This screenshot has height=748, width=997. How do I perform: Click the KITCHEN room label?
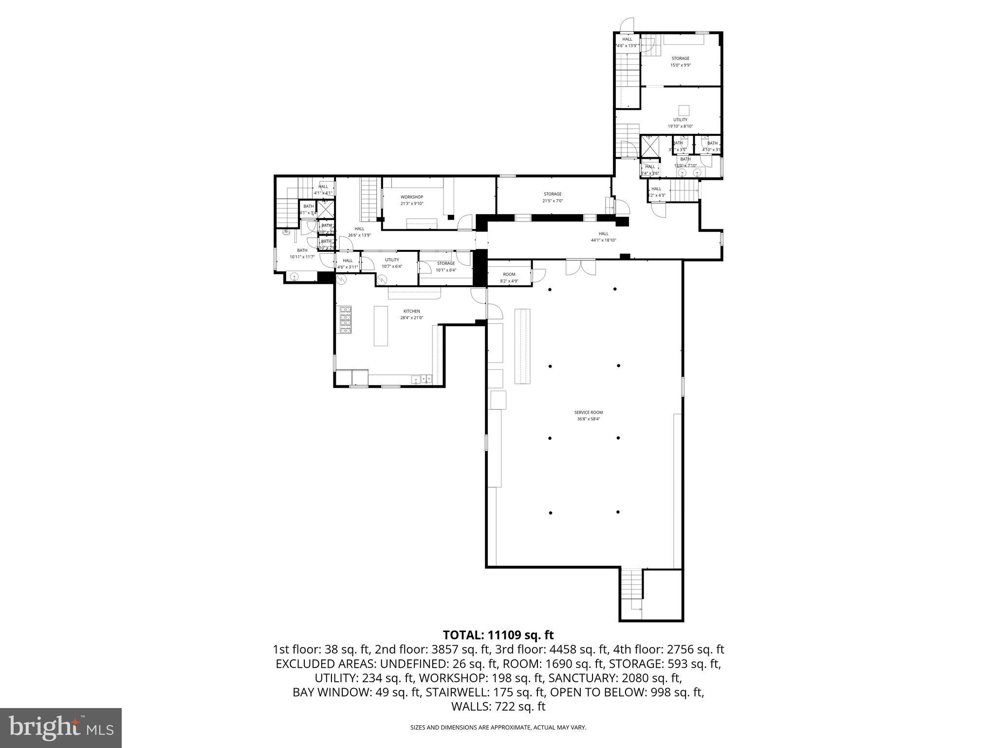click(x=411, y=312)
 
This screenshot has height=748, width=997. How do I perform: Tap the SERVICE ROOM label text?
click(x=589, y=412)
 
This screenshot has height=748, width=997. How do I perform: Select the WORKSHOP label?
click(x=412, y=197)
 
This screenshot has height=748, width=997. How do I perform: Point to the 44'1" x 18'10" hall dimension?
click(x=604, y=240)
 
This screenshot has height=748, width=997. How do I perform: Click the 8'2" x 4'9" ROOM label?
click(x=509, y=275)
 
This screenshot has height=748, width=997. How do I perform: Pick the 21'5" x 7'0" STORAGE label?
click(x=553, y=194)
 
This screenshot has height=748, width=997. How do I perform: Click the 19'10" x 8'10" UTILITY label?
click(x=681, y=120)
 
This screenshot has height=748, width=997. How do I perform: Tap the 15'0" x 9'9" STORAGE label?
click(x=681, y=58)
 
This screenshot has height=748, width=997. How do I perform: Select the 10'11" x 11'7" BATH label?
click(x=302, y=251)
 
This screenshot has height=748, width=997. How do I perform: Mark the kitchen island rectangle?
click(x=381, y=326)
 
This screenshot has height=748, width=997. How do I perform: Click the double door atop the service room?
click(x=580, y=267)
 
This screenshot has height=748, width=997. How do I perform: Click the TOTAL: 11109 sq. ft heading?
click(x=498, y=635)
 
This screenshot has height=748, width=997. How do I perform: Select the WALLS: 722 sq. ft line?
click(x=498, y=707)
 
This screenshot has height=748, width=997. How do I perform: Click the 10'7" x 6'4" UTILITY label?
click(x=392, y=260)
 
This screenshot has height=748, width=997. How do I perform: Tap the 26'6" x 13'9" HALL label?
click(x=359, y=229)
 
